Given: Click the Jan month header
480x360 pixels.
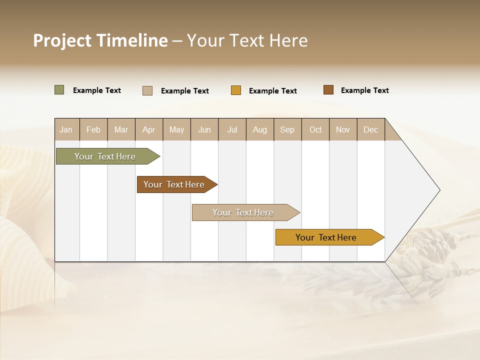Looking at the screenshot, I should point(66,129).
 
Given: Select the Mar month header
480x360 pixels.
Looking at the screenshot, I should point(121,129).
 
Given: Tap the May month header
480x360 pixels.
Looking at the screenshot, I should point(176,129).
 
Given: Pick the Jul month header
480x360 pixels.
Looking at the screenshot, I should point(232,129).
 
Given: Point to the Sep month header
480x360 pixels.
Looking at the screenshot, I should point(287,129).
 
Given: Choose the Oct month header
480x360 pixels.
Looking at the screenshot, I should point(315,129).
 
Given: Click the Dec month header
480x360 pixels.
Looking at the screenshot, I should point(370,129).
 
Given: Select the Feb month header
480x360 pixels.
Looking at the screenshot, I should point(93,129).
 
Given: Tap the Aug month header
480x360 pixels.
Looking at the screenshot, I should point(259,129).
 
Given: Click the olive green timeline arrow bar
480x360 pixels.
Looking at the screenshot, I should point(105,156).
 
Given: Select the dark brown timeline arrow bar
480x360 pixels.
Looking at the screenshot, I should point(174,184).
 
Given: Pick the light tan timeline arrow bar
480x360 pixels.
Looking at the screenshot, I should point(243,212).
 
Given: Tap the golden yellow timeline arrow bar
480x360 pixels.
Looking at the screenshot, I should point(326,237).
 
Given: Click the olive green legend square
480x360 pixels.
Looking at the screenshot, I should point(59,90).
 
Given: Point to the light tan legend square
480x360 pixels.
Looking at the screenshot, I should point(147,90).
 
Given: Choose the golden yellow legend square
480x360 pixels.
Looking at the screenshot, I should point(236,90).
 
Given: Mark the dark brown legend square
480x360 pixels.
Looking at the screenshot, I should point(328,90).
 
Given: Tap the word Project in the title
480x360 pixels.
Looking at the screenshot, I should point(62,40).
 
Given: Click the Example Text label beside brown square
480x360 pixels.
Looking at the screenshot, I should point(364,90).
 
